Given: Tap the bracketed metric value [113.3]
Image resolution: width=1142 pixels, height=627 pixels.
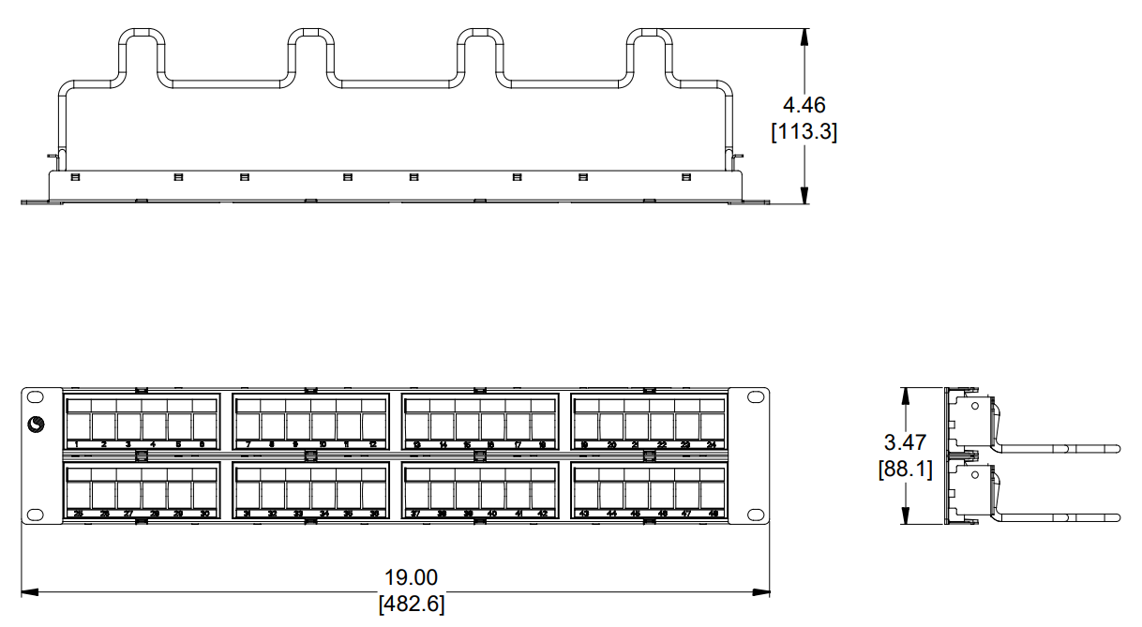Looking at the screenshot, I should pyautogui.click(x=804, y=132).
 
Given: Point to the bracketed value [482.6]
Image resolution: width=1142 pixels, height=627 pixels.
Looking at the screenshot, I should pyautogui.click(x=411, y=605).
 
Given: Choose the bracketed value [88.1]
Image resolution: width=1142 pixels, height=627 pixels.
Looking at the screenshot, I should pyautogui.click(x=905, y=469).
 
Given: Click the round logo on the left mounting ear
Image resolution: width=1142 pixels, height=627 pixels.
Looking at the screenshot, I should pyautogui.click(x=38, y=425).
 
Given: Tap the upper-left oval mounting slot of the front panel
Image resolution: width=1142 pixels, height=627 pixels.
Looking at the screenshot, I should pyautogui.click(x=36, y=398).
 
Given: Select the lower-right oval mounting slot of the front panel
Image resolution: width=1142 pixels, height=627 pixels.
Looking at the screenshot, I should pyautogui.click(x=755, y=514).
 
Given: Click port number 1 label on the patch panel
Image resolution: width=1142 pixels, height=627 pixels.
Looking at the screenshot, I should pyautogui.click(x=78, y=444).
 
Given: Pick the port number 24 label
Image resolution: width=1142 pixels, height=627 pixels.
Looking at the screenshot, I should pyautogui.click(x=712, y=444).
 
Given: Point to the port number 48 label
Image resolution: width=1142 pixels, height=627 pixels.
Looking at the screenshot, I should pyautogui.click(x=712, y=515).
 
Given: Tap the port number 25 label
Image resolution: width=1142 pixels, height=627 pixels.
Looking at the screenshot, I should pyautogui.click(x=78, y=515).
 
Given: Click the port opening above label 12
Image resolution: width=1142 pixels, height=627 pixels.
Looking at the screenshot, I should pyautogui.click(x=373, y=426).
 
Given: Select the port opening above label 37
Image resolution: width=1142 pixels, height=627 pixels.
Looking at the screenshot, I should pyautogui.click(x=417, y=495).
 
